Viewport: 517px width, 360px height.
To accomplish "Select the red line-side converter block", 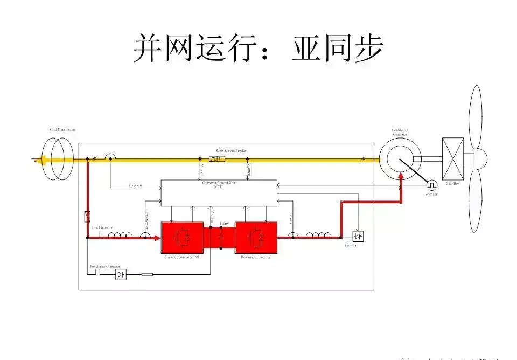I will coord(183,237).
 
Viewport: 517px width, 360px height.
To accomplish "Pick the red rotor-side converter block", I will coord(256,237).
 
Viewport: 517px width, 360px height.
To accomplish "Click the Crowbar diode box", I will coord(358,236).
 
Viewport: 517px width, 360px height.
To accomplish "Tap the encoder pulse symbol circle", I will coord(432,185).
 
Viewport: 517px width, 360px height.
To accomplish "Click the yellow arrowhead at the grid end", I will coord(37,160).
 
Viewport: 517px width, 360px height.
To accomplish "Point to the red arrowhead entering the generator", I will coord(401,176).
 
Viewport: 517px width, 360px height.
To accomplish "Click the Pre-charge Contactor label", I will coord(105,267).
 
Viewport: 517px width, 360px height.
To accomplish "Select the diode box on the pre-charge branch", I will coord(121,274).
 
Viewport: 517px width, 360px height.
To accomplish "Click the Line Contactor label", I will coord(102,227).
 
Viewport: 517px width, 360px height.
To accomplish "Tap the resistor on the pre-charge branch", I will coord(147,274).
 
